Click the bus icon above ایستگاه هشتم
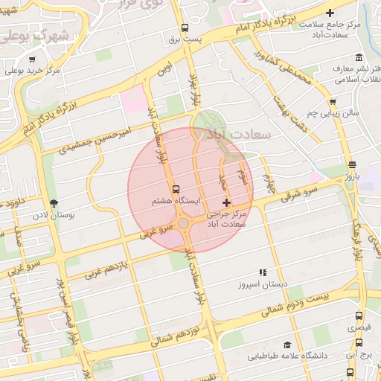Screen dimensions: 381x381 pyautogui.click(x=176, y=189)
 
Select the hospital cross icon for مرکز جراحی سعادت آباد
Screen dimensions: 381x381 pyautogui.click(x=227, y=202)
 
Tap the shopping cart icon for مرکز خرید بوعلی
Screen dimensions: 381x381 pyautogui.click(x=31, y=60)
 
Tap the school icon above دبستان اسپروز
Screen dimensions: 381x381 pyautogui.click(x=261, y=273)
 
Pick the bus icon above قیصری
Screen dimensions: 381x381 pyautogui.click(x=360, y=316)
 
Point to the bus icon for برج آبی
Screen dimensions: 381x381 pyautogui.click(x=360, y=344)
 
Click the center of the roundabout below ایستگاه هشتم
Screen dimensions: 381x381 pyautogui.click(x=184, y=223)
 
